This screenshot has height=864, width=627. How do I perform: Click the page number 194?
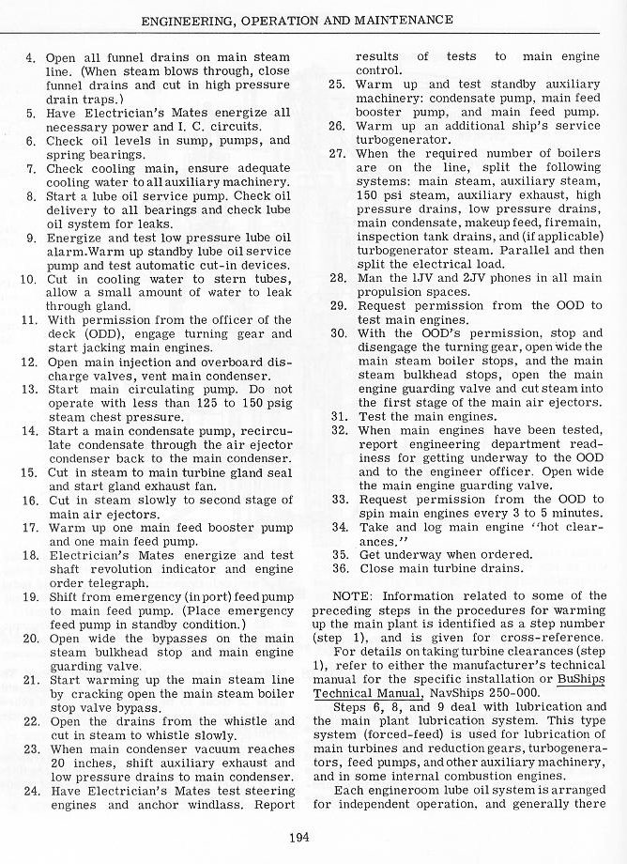[x=301, y=838]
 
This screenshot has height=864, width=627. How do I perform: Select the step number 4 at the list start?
[x=30, y=58]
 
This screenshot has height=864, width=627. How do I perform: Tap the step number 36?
[x=341, y=568]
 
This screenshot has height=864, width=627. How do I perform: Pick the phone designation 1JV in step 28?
[x=424, y=278]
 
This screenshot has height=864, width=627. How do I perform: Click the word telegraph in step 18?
[x=112, y=582]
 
